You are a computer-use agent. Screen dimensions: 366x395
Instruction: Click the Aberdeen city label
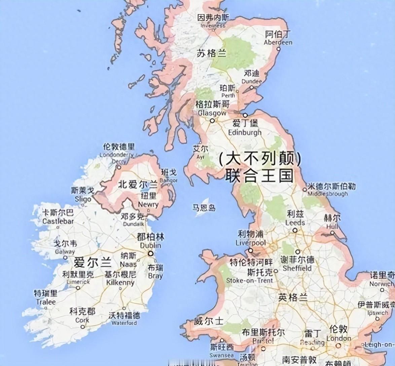pyautogui.click(x=278, y=42)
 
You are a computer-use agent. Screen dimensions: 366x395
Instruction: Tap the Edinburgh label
pyautogui.click(x=245, y=132)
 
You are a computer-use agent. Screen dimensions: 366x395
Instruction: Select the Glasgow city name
pyautogui.click(x=212, y=113)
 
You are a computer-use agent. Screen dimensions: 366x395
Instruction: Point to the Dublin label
pyautogui.click(x=150, y=245)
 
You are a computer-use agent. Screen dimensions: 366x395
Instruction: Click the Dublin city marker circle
pyautogui.click(x=150, y=254)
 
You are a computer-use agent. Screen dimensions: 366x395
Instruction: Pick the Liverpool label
pyautogui.click(x=250, y=243)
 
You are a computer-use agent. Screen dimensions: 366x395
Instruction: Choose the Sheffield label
pyautogui.click(x=297, y=268)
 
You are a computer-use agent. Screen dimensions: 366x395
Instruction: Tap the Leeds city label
pyautogui.click(x=295, y=222)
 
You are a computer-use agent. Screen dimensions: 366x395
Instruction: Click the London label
pyautogui.click(x=339, y=338)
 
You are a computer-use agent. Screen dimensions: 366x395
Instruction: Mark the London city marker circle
pyautogui.click(x=338, y=345)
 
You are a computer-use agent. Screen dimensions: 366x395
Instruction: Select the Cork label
pyautogui.click(x=82, y=320)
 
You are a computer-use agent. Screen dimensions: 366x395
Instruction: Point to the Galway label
pyautogui.click(x=65, y=251)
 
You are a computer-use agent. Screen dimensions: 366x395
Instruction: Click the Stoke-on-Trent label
pyautogui.click(x=249, y=280)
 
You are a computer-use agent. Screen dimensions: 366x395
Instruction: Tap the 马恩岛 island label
pyautogui.click(x=204, y=208)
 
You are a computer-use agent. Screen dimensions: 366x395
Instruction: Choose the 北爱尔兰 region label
pyautogui.click(x=138, y=184)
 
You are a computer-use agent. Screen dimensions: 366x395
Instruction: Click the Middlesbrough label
pyautogui.click(x=327, y=194)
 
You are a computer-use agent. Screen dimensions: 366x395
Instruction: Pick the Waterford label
pyautogui.click(x=124, y=323)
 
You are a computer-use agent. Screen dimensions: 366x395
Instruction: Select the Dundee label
pyautogui.click(x=251, y=81)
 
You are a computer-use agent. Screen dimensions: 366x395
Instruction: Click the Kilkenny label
pyautogui.click(x=120, y=282)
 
